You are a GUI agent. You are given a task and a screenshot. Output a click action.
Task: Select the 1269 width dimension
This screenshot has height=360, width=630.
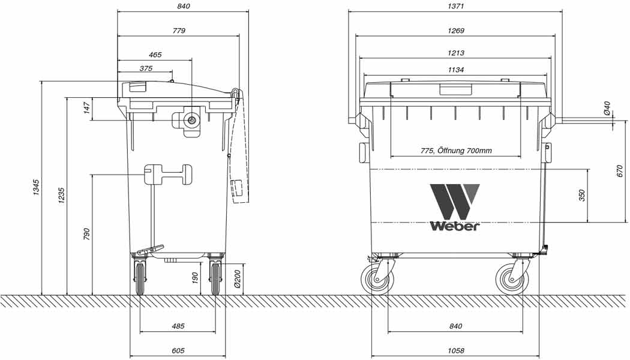tap(455, 30)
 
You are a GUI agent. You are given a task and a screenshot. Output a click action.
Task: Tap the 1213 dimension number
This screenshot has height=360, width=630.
tap(455, 53)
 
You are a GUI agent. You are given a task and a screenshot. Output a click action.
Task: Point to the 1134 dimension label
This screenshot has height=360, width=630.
tap(455, 70)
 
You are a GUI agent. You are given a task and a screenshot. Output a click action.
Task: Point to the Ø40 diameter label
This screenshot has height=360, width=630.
tap(607, 109)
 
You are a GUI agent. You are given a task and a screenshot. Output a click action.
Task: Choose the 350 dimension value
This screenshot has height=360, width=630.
tap(581, 196)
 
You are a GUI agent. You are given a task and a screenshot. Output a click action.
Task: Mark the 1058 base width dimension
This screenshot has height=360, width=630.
tap(455, 351)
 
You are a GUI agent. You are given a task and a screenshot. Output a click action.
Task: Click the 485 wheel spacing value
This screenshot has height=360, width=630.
tap(178, 326)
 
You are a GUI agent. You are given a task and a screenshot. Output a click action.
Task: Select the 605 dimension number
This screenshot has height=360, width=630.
tap(178, 351)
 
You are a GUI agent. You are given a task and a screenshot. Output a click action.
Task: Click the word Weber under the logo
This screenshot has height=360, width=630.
tap(454, 226)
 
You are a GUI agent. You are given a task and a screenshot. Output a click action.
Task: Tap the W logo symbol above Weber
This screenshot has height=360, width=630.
tap(454, 201)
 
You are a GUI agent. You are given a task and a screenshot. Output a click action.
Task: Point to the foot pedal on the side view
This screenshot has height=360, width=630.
tap(150, 249)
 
